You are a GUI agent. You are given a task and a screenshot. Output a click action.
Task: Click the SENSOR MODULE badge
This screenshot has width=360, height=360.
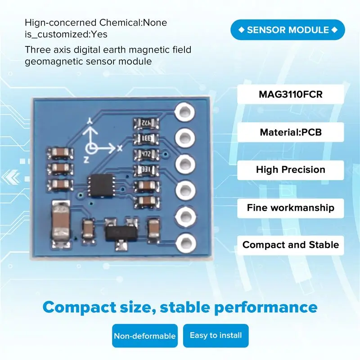coord(288,30)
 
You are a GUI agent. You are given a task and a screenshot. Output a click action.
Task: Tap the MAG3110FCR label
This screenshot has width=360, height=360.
coord(290,94)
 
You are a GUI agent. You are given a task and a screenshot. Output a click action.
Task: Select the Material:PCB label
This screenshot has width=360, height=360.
coord(290,132)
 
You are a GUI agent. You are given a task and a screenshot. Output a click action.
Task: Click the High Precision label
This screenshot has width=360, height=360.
coord(290,170)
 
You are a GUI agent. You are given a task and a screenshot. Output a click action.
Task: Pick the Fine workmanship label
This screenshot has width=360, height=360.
coord(290,208)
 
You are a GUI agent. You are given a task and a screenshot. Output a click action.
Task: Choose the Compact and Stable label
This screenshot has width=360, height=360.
coord(290,245)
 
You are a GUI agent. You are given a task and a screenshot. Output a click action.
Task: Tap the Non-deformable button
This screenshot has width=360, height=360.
coord(145,336)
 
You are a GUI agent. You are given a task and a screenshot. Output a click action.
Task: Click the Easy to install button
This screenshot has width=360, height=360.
coord(216,335)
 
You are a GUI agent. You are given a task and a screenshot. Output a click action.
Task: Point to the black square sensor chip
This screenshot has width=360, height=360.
coord(101,185)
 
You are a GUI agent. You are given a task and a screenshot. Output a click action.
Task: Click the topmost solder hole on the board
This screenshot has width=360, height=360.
coord(184,112)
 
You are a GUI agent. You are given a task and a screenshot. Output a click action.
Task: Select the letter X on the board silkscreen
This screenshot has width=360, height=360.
coord(120,148)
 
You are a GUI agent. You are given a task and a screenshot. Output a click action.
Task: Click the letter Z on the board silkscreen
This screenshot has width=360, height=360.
coord(86,159)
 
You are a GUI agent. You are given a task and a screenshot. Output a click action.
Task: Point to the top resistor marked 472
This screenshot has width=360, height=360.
coord(146,123)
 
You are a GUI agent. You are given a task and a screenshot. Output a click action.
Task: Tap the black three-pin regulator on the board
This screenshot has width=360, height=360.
coord(121,234)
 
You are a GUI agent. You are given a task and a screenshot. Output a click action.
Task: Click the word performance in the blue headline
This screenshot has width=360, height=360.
coord(265,307)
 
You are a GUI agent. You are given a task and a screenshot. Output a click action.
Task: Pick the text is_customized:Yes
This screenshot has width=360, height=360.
coord(66,35)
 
